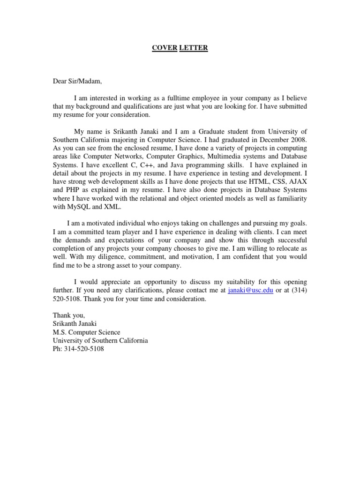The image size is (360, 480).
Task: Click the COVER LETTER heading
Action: pyautogui.click(x=180, y=48)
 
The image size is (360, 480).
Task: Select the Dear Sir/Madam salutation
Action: pyautogui.click(x=77, y=81)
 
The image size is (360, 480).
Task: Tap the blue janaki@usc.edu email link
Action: pyautogui.click(x=250, y=291)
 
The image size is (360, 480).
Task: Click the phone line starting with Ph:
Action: pyautogui.click(x=78, y=349)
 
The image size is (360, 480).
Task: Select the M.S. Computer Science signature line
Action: pyautogui.click(x=86, y=332)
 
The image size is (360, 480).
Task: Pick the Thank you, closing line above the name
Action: pyautogui.click(x=69, y=315)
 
